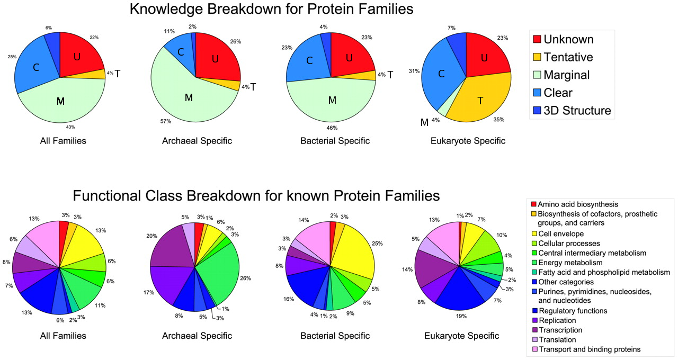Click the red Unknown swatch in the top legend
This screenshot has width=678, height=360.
pos(537,39)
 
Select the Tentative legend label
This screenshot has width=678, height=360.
pos(568,57)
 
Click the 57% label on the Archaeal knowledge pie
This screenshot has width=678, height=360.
pos(166,121)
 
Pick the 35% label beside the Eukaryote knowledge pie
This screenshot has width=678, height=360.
pos(499,120)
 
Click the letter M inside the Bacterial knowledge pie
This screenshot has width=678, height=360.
pos(332,100)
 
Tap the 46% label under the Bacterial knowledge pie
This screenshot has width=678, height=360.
pos(332,128)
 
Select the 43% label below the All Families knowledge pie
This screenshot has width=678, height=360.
pos(70,127)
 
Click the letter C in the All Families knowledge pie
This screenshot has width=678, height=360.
pos(36,67)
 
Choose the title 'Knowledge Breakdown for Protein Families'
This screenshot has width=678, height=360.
pos(272,9)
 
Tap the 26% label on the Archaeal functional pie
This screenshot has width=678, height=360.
pos(245,278)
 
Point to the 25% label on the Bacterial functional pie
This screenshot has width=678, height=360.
pos(377,244)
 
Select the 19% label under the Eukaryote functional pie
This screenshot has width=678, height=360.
pos(461,316)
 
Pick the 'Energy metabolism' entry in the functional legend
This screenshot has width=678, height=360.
pos(570,263)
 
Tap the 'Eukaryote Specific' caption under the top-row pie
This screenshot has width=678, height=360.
pos(468,141)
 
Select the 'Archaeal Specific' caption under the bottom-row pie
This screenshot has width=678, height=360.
pos(197,336)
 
